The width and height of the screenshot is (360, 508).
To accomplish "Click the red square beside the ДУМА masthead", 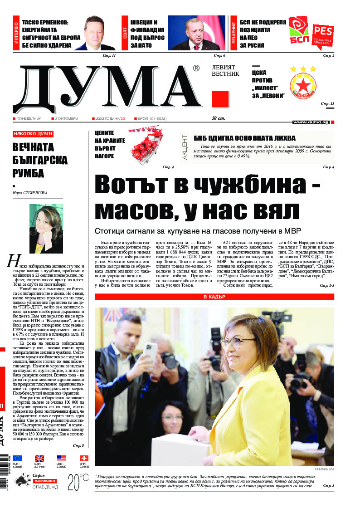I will (220, 99).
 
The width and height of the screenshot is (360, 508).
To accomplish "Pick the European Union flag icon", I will (17, 459).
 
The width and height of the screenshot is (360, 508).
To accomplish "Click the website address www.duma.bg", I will (311, 122).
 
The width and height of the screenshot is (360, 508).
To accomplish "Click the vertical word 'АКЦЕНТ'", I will (185, 146).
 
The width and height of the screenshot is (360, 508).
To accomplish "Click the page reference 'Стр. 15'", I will (327, 104).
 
